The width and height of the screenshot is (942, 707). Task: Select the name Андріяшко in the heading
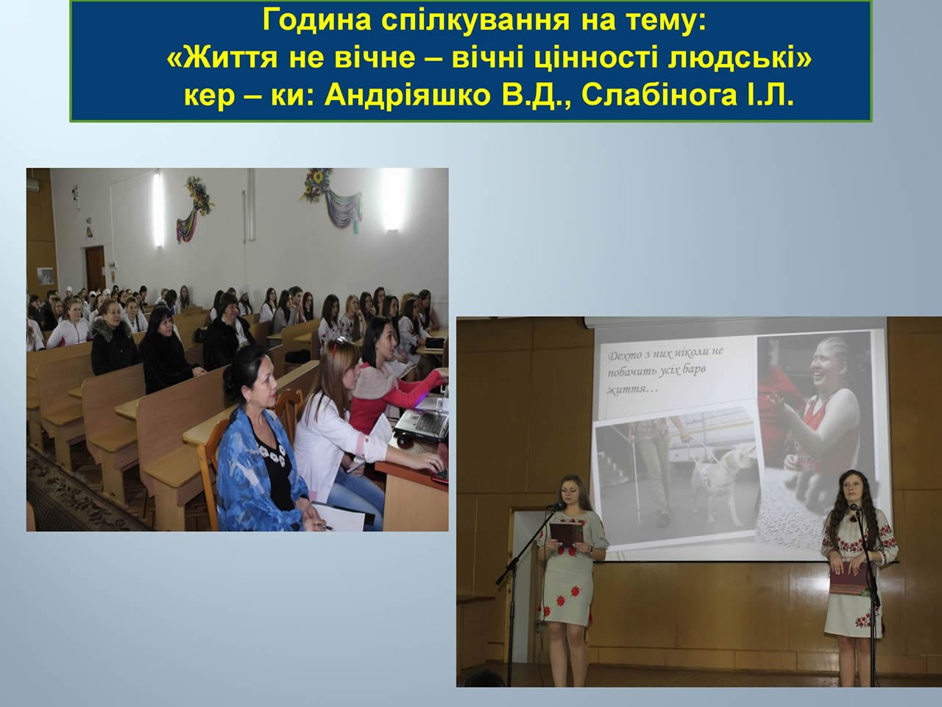pyautogui.click(x=407, y=96)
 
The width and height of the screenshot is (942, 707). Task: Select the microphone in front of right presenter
pyautogui.click(x=854, y=508)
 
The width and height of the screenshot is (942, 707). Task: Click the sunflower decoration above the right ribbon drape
pyautogui.click(x=318, y=183)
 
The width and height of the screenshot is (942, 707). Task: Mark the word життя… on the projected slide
pyautogui.click(x=627, y=390)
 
